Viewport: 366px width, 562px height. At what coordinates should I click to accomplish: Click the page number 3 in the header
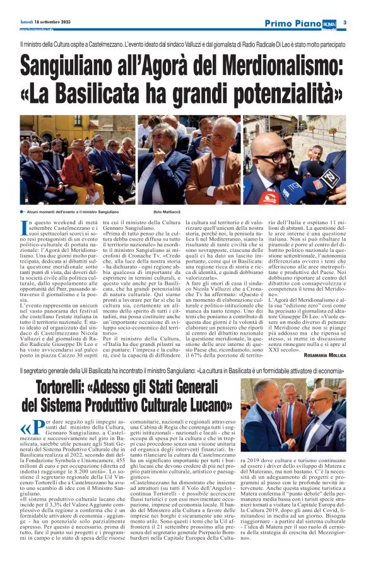pos(354,23)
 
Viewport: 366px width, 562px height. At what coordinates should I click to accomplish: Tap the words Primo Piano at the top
pos(293,23)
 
